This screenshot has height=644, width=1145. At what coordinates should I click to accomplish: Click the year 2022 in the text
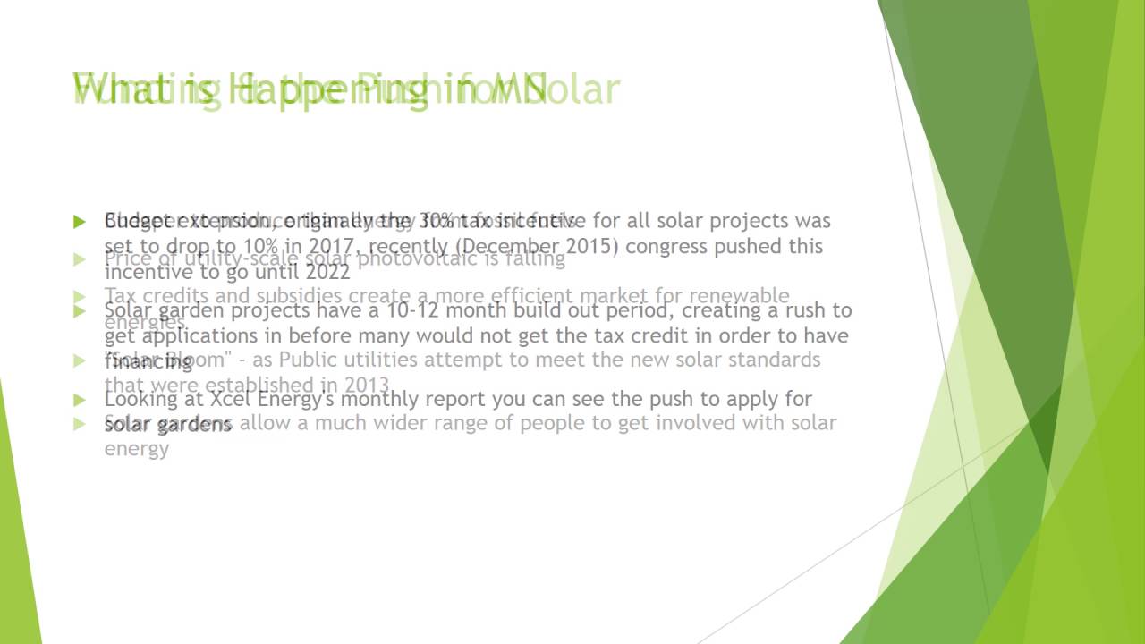point(327,272)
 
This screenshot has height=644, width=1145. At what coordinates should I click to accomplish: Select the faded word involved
point(694,423)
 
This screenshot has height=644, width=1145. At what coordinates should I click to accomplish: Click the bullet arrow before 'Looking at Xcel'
point(81,400)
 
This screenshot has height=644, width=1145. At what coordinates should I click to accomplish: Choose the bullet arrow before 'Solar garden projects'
point(81,311)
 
